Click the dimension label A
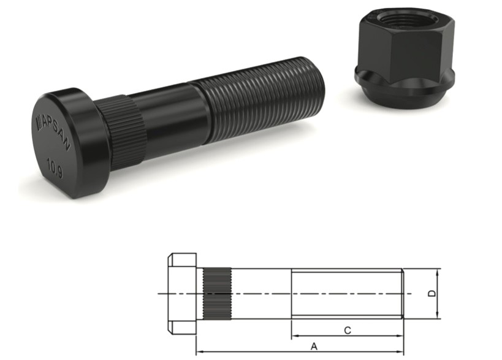tap(314, 347)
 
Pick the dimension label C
tap(347, 331)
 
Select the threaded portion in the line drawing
tap(346, 294)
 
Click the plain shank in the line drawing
tap(261, 294)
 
